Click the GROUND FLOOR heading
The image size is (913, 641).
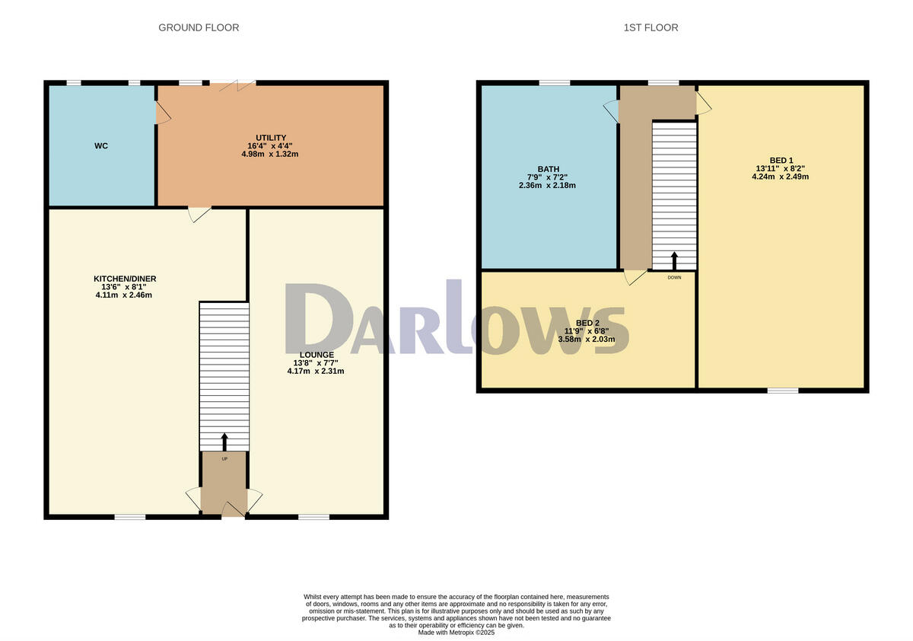pos(199,27)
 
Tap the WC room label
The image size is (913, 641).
pos(101,145)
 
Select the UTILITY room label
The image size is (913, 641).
pos(270,137)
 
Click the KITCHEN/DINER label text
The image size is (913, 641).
pos(125,279)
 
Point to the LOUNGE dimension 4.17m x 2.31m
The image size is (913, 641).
pos(316,372)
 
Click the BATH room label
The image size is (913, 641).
pos(548,169)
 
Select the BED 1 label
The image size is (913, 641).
pos(781,160)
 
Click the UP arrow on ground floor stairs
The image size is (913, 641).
pos(224,442)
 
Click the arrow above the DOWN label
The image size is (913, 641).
pos(674,260)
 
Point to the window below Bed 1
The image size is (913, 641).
pos(782,391)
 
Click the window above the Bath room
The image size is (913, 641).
pos(555,82)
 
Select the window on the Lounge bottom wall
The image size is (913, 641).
pos(313,517)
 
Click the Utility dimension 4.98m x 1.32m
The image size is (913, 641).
pos(270,154)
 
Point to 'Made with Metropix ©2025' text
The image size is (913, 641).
pos(456,632)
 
